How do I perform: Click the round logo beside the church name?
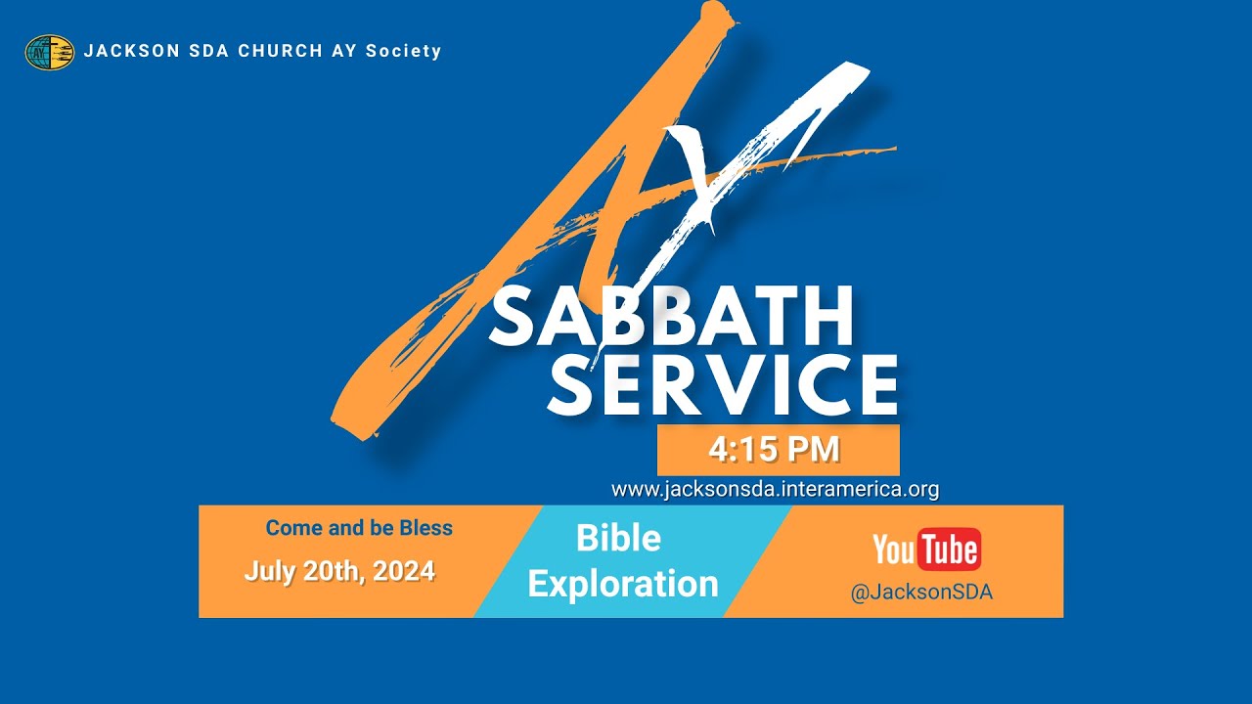pos(50,52)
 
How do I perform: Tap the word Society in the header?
pos(404,51)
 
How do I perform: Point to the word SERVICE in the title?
pos(723,384)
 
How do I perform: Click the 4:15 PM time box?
pos(778,450)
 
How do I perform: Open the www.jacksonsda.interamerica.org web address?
pos(775,489)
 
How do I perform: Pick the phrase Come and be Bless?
pos(359,528)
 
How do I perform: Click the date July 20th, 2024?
pos(339,571)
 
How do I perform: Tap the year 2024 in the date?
pos(403,571)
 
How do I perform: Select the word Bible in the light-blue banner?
pos(618,538)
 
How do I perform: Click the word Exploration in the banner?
pos(623,584)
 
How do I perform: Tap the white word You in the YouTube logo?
pos(893,550)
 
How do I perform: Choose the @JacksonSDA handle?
pos(921,593)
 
